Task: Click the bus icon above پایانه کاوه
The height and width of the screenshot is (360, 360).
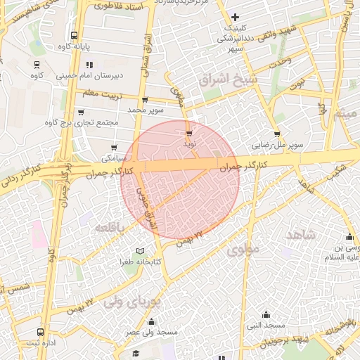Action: click(74, 35)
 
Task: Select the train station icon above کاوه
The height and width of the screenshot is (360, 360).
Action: click(36, 64)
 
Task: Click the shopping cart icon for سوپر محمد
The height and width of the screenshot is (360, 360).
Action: click(145, 101)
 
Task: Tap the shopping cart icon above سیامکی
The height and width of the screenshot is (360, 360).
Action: click(114, 148)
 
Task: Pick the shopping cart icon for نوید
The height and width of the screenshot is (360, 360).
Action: click(189, 132)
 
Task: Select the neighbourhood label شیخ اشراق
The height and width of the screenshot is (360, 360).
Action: click(220, 82)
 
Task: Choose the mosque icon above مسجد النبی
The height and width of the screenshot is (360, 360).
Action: click(266, 314)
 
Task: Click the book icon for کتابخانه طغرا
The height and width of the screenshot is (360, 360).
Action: click(140, 251)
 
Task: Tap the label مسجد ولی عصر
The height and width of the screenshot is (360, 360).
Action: click(150, 332)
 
